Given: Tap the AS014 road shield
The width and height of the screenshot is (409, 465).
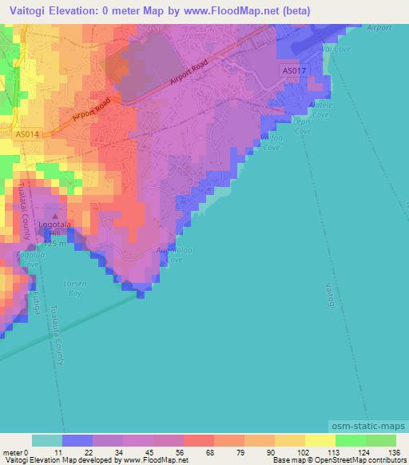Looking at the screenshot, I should (26, 135).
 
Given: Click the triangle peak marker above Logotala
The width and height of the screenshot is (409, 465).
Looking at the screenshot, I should (55, 215).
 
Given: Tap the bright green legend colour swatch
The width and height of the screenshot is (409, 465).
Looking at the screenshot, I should (351, 440).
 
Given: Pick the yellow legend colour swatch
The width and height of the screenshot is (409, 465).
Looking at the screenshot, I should (320, 440).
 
